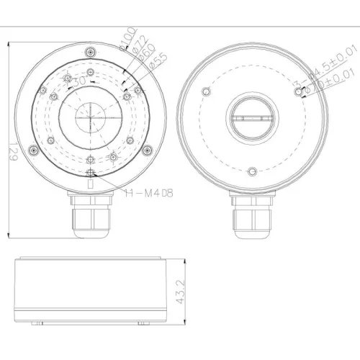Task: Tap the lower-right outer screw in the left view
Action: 147,150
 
